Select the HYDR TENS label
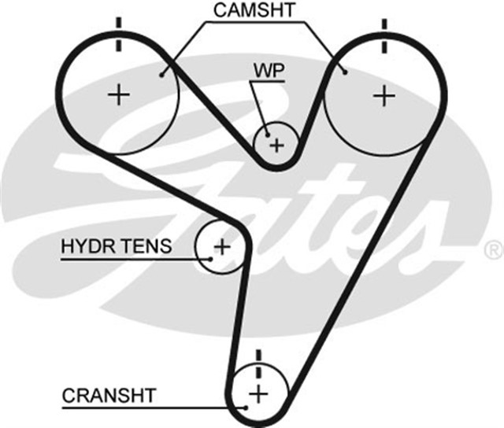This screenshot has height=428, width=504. pos(116,246)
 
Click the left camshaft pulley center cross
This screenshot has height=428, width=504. pos(120,95)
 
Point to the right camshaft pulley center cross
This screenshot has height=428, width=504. pos(384,96)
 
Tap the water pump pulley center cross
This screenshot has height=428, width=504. pos(276,145)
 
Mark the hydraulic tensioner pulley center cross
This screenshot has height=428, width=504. pos(222,246)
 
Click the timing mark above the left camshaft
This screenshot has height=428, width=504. pos(120,31)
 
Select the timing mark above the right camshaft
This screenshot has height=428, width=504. pos(384,31)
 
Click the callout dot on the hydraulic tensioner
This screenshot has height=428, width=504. pos(211,258)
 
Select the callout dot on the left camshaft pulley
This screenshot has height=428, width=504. pos(161,75)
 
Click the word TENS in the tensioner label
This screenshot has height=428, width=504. pos(146,246)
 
